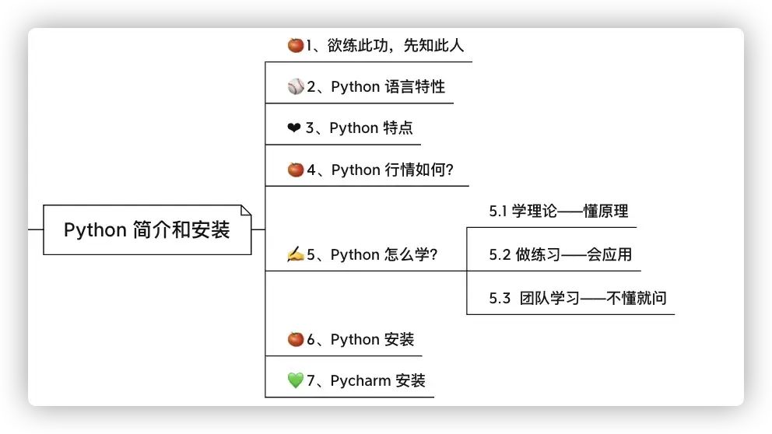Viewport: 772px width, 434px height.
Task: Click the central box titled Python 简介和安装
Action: coord(147,230)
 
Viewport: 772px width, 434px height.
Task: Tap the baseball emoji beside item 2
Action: coord(295,86)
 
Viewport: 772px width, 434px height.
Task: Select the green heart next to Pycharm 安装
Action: coord(295,380)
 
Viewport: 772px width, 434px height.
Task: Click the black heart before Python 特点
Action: coord(293,128)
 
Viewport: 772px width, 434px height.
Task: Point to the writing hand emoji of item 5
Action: coord(295,254)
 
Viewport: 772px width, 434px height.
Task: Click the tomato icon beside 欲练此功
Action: coord(295,45)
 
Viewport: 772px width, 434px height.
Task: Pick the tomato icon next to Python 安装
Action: coord(295,339)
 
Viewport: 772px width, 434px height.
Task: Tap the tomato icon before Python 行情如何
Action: coord(295,170)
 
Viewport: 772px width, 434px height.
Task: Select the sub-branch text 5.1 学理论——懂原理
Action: coord(558,211)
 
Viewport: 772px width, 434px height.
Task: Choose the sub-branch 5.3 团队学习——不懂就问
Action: coord(577,298)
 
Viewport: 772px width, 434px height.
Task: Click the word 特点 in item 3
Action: coord(398,128)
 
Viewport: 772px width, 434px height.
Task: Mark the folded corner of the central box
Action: coord(246,210)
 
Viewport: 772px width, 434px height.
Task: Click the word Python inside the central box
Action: coord(95,230)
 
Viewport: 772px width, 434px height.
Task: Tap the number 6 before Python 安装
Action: coord(311,339)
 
